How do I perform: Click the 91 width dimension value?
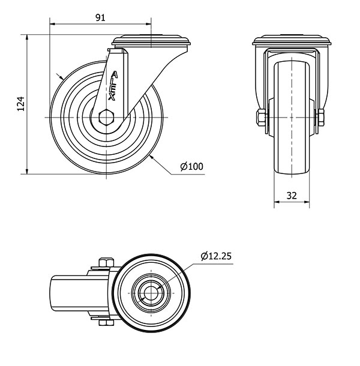click(100, 17)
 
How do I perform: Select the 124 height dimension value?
click(20, 104)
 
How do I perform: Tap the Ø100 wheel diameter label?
click(191, 166)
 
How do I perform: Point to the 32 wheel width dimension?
click(292, 195)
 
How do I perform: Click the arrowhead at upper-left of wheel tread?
click(60, 77)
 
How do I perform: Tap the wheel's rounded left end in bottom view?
click(53, 293)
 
